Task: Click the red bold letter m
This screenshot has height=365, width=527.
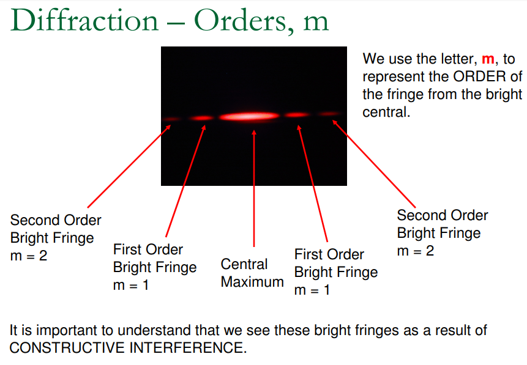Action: click(x=488, y=59)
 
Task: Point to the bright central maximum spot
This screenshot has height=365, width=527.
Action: click(x=249, y=116)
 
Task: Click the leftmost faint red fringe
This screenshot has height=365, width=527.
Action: click(x=172, y=119)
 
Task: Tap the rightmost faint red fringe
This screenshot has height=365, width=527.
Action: click(x=330, y=114)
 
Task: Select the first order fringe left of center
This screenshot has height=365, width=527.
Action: click(x=201, y=118)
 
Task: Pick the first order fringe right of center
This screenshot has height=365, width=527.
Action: click(x=297, y=115)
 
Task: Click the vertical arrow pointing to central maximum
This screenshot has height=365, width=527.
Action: click(x=254, y=188)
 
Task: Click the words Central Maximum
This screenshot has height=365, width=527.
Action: click(x=252, y=273)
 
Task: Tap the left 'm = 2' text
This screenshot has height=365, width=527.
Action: click(x=29, y=256)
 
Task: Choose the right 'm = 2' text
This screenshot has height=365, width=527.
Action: click(x=416, y=251)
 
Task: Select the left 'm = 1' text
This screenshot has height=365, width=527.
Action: click(x=131, y=286)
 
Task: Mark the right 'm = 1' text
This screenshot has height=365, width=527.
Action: click(x=312, y=290)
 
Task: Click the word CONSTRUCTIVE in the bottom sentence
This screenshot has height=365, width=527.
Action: click(x=67, y=347)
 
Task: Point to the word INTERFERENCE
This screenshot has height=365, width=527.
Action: click(x=186, y=347)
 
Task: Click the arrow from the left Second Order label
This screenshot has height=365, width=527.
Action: click(x=129, y=166)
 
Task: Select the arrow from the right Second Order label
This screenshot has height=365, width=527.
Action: click(x=374, y=164)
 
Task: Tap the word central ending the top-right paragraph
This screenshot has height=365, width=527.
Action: click(x=386, y=112)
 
